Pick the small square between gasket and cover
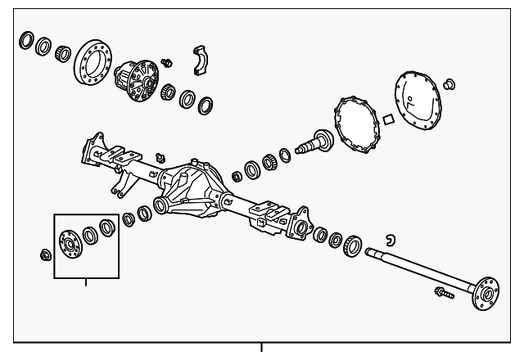pos(390,117)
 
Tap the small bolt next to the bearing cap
pos(169,63)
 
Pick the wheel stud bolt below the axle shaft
pos(441,291)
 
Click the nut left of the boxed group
pos(43,255)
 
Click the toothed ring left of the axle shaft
pos(353,244)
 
